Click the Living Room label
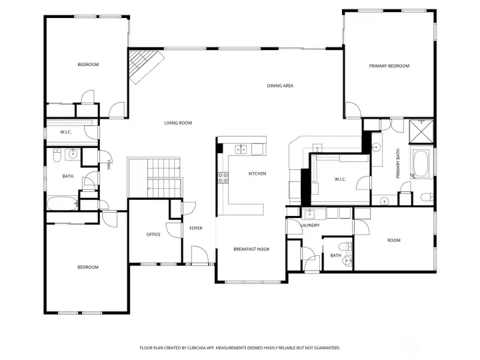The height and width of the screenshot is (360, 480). pos(179,123)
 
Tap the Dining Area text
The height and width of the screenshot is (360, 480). pos(280,85)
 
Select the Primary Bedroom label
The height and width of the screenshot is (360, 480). pos(389,66)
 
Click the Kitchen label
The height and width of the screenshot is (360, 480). pos(257,174)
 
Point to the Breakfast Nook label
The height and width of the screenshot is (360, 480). pos(251,249)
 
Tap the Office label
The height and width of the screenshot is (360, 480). pos(153,234)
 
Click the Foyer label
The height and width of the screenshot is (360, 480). pos(195,229)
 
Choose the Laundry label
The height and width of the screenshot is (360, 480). pos(310,225)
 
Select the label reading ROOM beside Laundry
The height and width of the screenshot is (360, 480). pos(394,240)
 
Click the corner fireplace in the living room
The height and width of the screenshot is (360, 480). pos(143,67)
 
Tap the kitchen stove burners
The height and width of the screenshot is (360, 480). pos(223,177)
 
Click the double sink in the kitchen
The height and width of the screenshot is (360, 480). pos(243,149)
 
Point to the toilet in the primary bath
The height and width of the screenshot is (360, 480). pos(425,197)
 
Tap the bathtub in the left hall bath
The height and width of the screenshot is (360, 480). pos(61,203)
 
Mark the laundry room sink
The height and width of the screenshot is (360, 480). pos(309,214)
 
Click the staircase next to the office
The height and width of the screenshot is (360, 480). pos(154,177)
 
